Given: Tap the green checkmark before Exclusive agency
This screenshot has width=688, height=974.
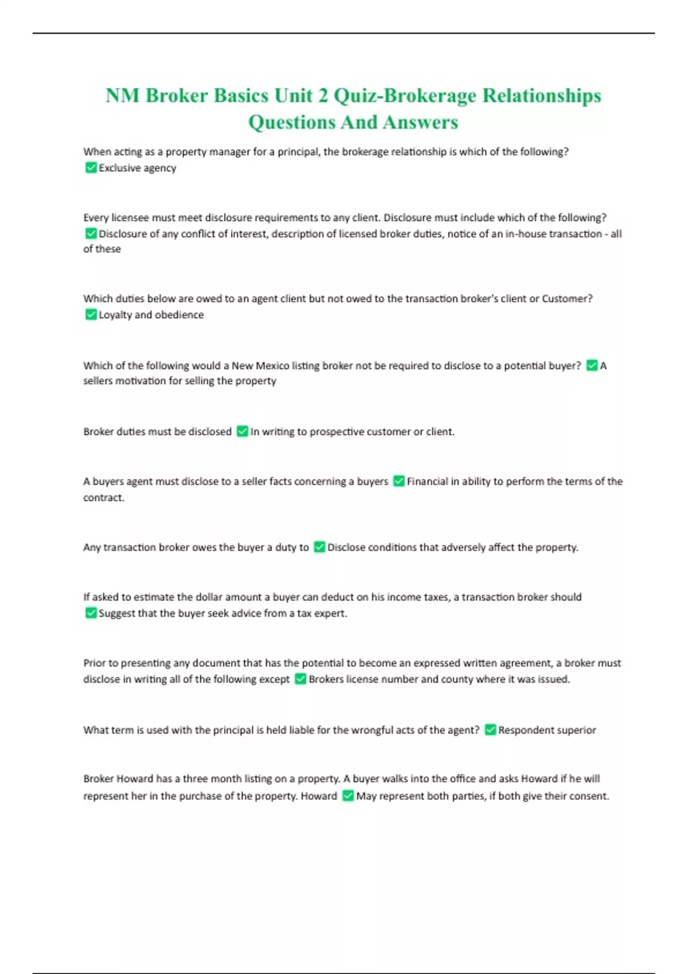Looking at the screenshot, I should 91,167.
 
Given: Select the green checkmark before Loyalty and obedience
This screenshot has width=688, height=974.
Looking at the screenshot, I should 91,314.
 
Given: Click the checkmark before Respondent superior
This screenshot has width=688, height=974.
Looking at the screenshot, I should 490,729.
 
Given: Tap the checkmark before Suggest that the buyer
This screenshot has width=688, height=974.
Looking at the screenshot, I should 91,612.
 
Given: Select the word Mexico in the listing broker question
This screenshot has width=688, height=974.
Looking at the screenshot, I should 272,366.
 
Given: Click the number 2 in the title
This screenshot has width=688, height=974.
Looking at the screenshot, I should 323,95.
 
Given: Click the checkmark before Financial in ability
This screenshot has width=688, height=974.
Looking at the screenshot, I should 398,481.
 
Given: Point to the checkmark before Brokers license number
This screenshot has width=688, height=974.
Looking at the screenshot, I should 300,679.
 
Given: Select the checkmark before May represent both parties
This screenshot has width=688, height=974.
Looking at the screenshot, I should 348,795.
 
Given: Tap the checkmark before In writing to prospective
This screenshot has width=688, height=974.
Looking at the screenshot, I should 243,431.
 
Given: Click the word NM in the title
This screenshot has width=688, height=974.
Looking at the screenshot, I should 122,95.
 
